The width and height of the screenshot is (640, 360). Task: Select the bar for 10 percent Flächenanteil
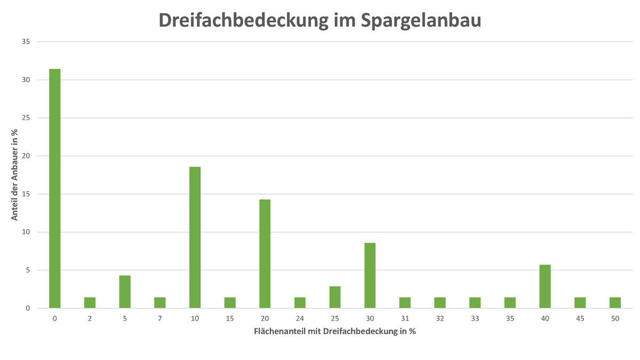(195, 237)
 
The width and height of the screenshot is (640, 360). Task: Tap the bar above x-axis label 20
(265, 254)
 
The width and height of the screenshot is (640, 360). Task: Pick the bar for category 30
(370, 275)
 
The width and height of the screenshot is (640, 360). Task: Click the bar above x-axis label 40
(545, 286)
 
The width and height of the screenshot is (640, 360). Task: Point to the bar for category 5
(125, 292)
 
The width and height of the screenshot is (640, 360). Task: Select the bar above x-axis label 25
(334, 297)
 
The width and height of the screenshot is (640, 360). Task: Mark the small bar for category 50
(615, 302)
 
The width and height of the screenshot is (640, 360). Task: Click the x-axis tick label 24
(300, 318)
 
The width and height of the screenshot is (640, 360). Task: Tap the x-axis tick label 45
(580, 318)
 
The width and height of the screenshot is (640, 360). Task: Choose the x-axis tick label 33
(475, 318)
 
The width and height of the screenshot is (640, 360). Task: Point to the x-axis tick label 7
(159, 318)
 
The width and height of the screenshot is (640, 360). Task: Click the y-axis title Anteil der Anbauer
(15, 175)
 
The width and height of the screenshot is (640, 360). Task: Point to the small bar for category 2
(90, 302)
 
